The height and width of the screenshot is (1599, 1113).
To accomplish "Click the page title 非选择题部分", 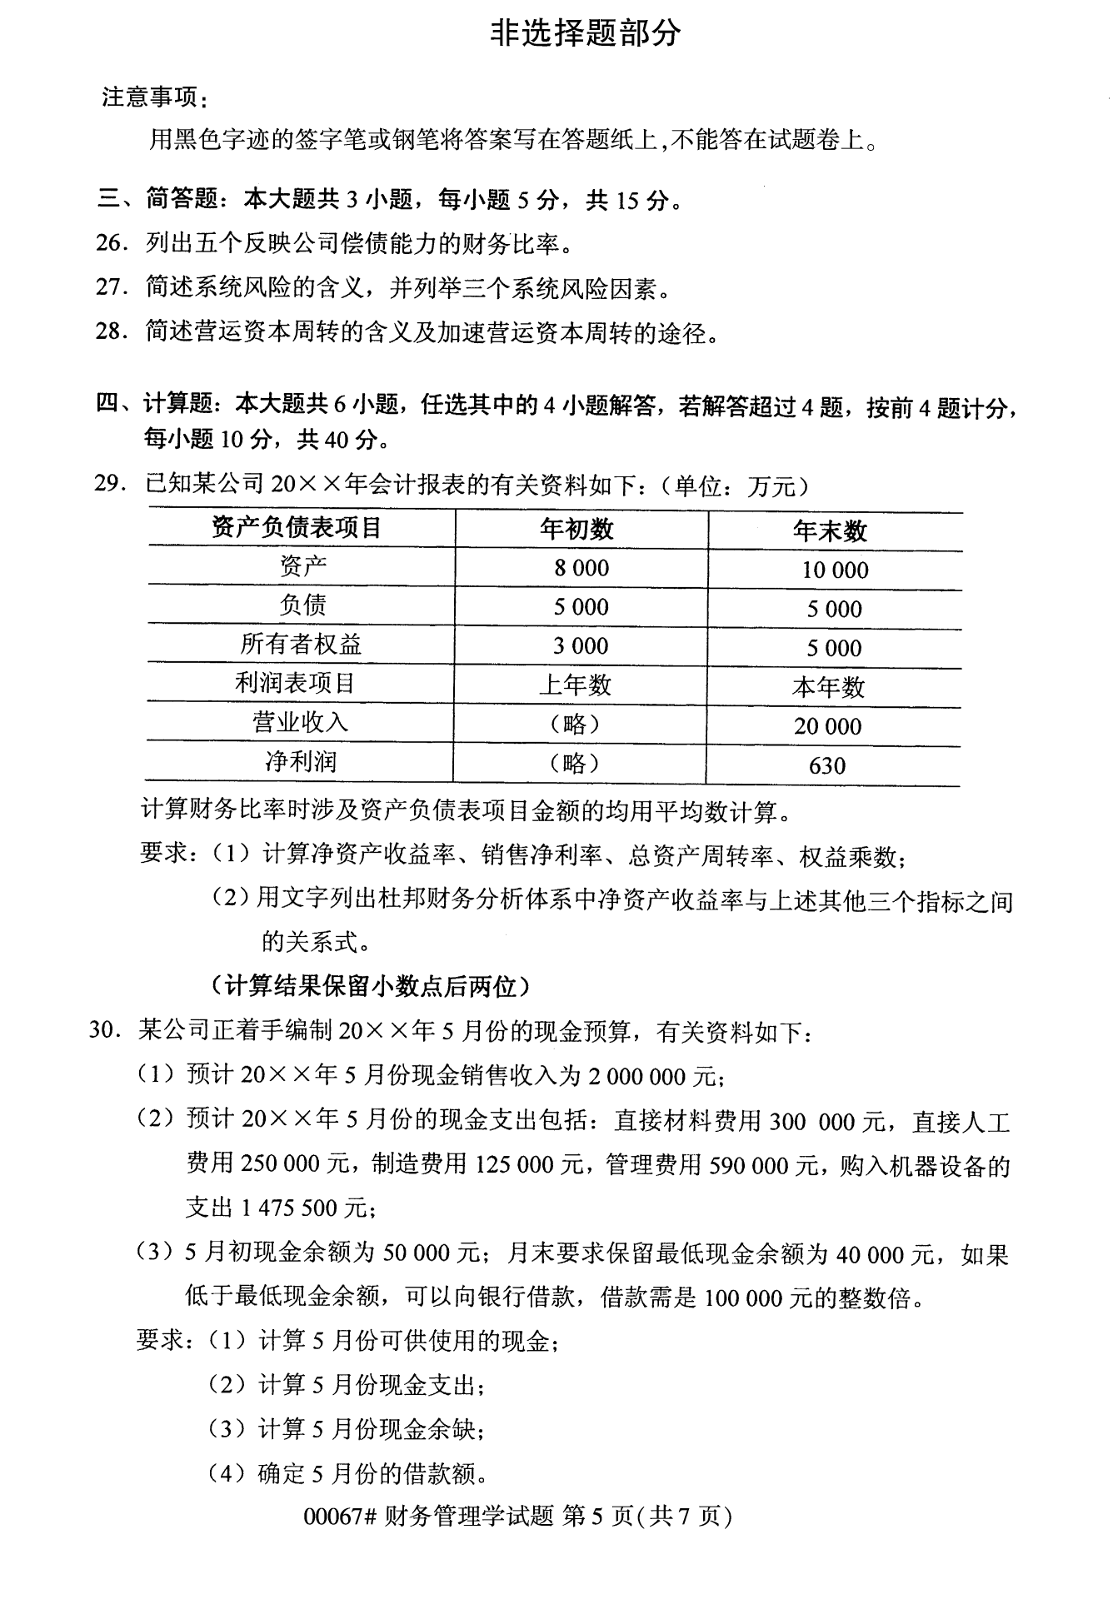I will click(585, 33).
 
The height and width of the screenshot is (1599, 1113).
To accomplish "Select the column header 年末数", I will click(830, 531).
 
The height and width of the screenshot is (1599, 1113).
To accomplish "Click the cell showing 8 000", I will click(581, 568).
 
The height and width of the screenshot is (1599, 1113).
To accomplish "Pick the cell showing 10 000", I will click(835, 570).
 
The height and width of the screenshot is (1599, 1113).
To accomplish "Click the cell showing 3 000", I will click(581, 645).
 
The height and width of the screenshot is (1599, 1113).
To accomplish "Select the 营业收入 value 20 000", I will click(827, 726).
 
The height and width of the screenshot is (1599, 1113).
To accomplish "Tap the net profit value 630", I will click(827, 765).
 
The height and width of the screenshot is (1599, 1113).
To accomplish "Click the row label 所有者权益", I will click(301, 645).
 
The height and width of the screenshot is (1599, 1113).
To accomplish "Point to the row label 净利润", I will click(301, 761).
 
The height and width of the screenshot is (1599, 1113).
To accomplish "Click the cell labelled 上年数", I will click(576, 685).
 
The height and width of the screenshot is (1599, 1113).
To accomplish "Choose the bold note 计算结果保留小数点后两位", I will click(372, 986).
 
